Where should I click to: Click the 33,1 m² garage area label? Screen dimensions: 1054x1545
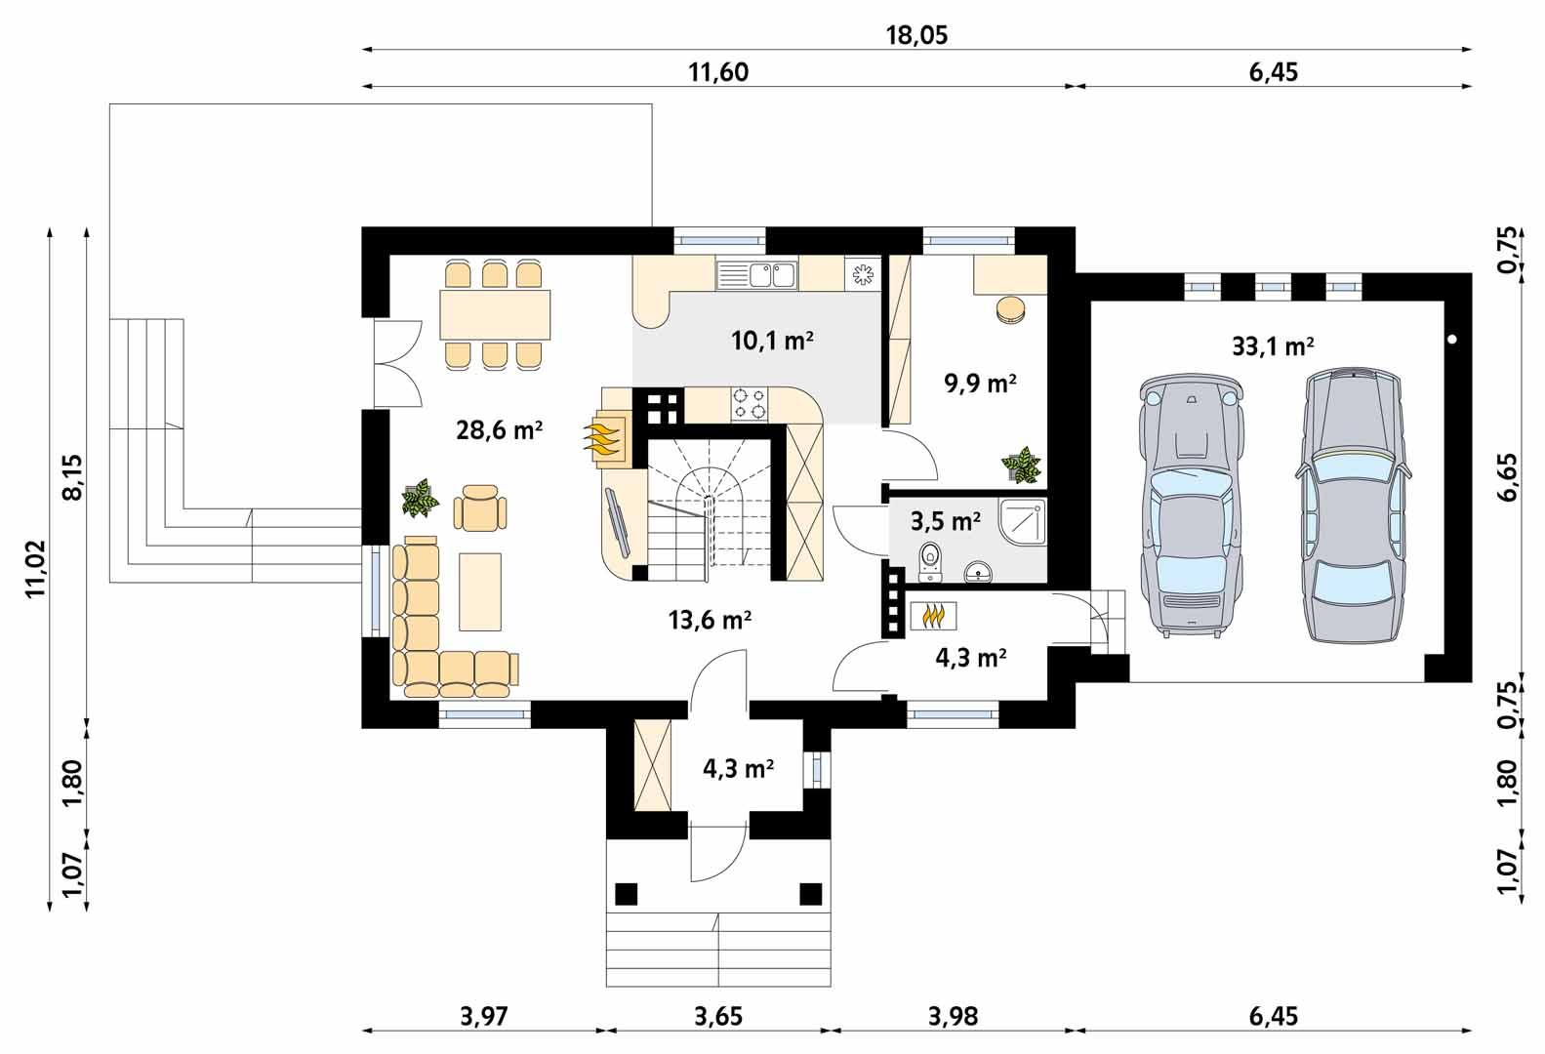1273,346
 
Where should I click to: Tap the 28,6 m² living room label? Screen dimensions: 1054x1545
499,429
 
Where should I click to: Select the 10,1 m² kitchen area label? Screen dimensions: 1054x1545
772,341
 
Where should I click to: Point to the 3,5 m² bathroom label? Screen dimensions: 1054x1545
945,522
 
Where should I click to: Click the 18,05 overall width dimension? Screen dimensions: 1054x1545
916,36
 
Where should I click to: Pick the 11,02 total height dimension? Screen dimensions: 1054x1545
36,568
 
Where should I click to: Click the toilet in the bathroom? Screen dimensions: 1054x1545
930,557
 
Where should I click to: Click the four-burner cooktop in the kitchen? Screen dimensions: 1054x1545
749,404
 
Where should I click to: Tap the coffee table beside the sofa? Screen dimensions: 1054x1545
480,590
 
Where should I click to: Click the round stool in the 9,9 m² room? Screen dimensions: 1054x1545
1011,308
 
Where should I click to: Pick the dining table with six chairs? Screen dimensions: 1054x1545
494,313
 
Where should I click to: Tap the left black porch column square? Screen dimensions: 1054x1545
627,893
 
